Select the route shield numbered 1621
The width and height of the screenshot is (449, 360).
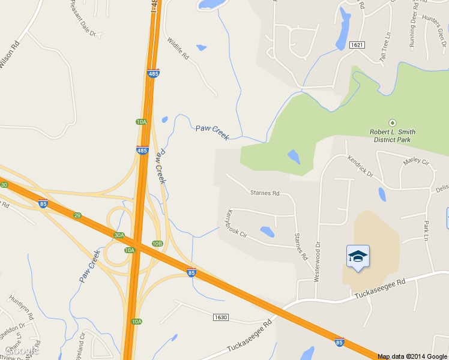357,45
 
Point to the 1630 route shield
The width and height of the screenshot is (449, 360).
220,316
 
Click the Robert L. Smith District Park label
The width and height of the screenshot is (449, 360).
393,136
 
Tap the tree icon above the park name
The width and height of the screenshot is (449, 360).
393,122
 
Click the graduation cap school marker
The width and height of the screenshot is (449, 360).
358,257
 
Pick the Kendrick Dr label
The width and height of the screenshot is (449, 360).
360,166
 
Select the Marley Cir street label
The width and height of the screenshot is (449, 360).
417,161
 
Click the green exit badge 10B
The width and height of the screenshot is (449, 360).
157,244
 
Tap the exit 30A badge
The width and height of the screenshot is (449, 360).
119,235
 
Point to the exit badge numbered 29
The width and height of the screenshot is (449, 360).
77,215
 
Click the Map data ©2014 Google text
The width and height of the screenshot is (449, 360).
412,356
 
